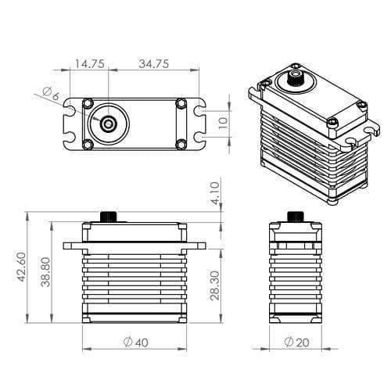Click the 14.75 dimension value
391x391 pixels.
point(90,64)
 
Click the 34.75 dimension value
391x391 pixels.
point(154,64)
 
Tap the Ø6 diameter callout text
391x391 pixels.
point(51,94)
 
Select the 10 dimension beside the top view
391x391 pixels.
point(223,123)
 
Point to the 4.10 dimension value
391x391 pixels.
point(215,193)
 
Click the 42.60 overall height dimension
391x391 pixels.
point(20,267)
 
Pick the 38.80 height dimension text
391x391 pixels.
point(45,272)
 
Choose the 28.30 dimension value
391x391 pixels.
point(215,285)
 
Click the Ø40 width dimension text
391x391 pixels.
point(135,343)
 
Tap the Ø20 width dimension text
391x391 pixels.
point(296,343)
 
